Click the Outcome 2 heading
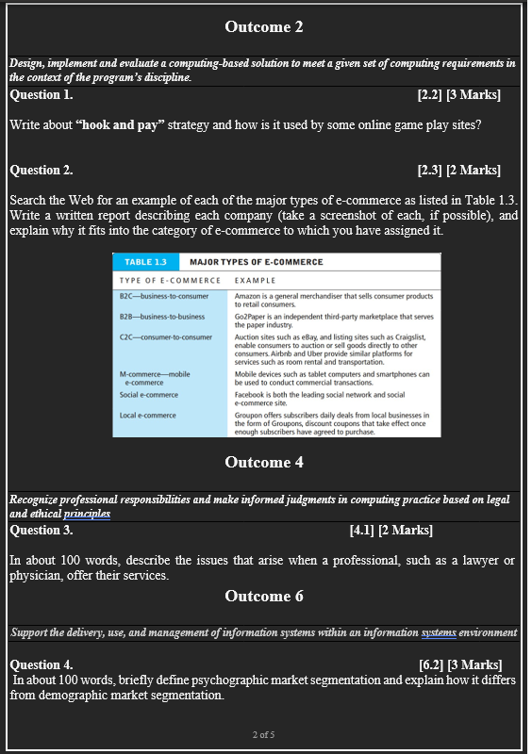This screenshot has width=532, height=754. (x=264, y=26)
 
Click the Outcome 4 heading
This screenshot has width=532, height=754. (x=264, y=462)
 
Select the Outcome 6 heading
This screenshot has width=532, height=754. (x=264, y=596)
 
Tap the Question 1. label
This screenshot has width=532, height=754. (x=42, y=94)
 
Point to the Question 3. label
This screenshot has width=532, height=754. (x=42, y=530)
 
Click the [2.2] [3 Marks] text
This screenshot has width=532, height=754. (x=458, y=94)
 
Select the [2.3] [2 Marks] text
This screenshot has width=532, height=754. (x=458, y=170)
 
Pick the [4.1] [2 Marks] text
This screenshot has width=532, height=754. (x=391, y=530)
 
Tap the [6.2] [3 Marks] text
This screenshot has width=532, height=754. (x=460, y=665)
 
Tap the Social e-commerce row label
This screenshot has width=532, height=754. (x=148, y=395)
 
